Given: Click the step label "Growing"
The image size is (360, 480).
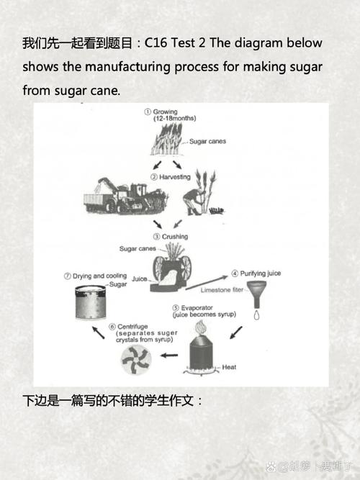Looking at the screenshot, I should point(166,112).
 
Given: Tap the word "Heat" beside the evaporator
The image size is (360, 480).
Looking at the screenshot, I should point(229,367).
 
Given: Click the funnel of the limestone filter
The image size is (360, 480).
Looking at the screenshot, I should point(256,295).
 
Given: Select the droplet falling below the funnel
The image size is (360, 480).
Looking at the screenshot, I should point(256,315).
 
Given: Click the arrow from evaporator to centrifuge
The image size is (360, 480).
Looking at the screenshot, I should point(168,356).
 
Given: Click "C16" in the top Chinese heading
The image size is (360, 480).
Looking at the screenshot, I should point(156,43).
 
